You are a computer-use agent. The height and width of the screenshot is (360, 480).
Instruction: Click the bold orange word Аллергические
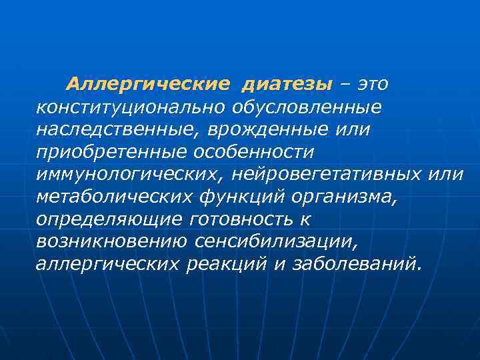(147, 85)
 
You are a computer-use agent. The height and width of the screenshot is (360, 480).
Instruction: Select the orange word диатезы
(285, 85)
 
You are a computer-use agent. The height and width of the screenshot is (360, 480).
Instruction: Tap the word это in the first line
(373, 85)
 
